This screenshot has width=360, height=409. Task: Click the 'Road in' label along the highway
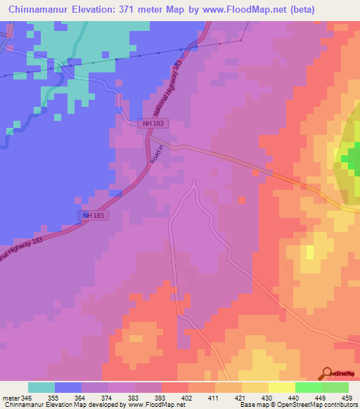tap(156, 155)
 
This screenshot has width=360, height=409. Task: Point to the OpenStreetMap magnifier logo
tap(327, 373)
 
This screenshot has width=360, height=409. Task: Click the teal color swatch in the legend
tap(41, 387)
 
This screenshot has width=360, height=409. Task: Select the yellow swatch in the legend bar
tap(281, 387)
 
